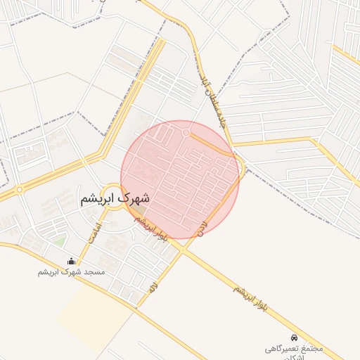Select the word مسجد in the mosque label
click(x=94, y=271)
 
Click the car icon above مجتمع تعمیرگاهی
click(x=294, y=337)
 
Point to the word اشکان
click(x=294, y=356)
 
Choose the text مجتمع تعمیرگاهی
click(x=294, y=348)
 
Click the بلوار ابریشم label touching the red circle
click(x=152, y=229)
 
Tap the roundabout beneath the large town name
click(x=112, y=193)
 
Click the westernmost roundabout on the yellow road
click(x=18, y=189)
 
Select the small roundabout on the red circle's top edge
click(x=186, y=132)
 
